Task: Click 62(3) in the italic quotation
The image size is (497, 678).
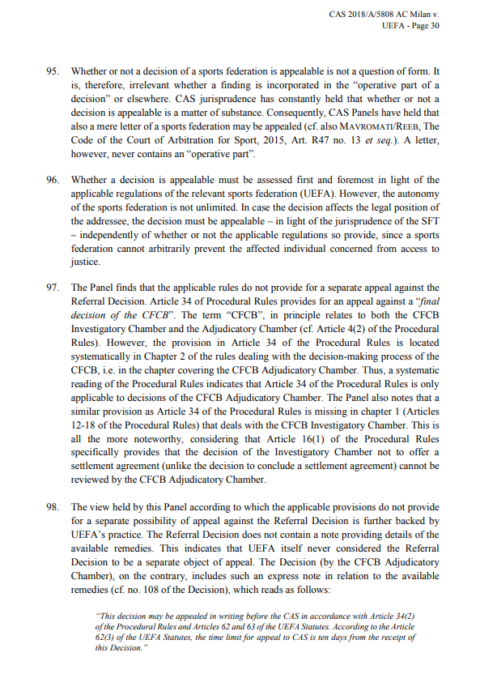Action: (x=107, y=637)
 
